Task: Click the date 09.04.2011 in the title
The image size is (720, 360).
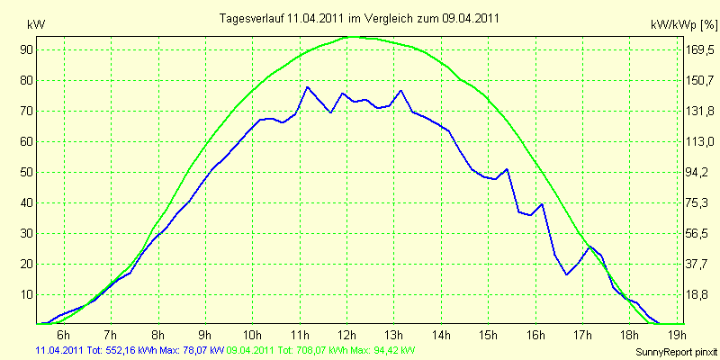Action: pos(471,18)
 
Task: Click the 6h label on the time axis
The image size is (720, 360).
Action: pos(64,333)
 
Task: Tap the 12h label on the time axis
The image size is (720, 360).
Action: pos(347,333)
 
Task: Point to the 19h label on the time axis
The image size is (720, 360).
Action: pos(678,333)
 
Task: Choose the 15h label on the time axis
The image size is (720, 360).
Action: pos(489,333)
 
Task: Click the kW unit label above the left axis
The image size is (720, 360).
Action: pos(37,25)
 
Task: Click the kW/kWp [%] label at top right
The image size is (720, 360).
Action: pos(684,25)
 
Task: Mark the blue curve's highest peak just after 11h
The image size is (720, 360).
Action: pos(307,86)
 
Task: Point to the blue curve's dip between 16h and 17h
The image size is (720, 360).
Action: pos(567,274)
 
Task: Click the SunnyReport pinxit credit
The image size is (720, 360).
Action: pos(677,353)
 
